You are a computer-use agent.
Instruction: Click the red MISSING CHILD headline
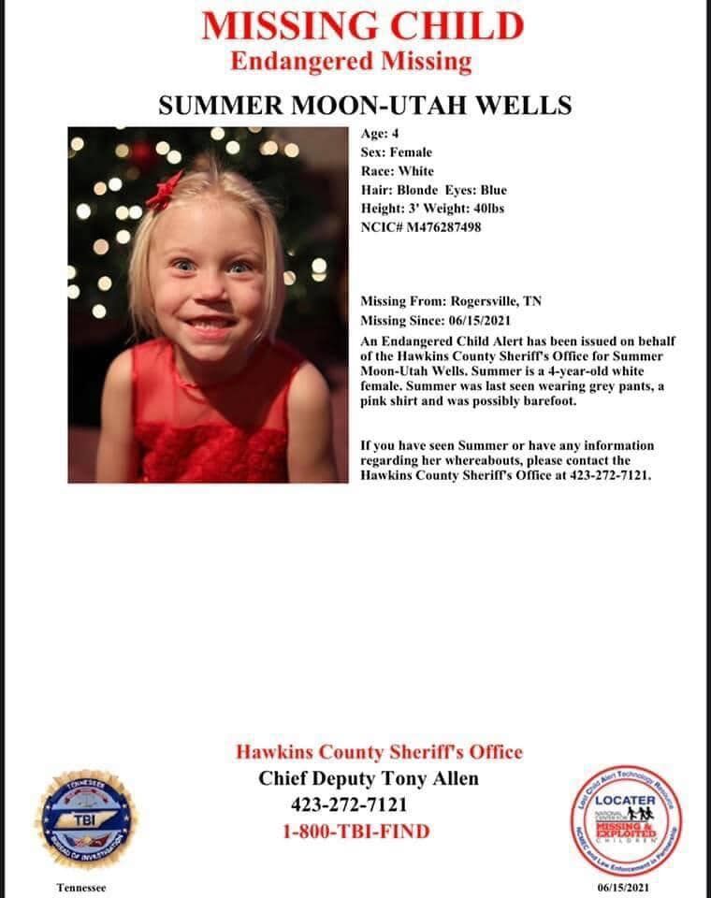(363, 26)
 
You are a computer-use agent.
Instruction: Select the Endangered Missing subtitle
(351, 63)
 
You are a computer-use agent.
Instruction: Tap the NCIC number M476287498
(421, 227)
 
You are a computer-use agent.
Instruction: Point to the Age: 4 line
(380, 134)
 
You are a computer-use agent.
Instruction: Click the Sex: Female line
(397, 152)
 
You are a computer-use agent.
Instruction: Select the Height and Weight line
(432, 209)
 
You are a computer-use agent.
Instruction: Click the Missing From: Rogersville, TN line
(451, 301)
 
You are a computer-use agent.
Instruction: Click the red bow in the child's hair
(165, 188)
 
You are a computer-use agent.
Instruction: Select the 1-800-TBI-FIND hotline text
(356, 831)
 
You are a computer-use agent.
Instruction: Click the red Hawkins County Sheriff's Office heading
(379, 752)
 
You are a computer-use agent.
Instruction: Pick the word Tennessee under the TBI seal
(81, 887)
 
